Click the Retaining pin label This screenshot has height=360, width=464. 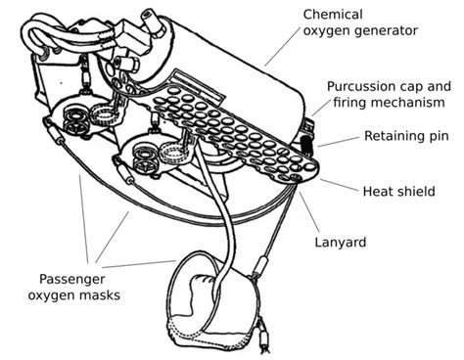coord(405,135)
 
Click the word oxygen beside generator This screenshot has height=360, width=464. coord(330,30)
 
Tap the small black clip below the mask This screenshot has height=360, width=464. coord(263,342)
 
